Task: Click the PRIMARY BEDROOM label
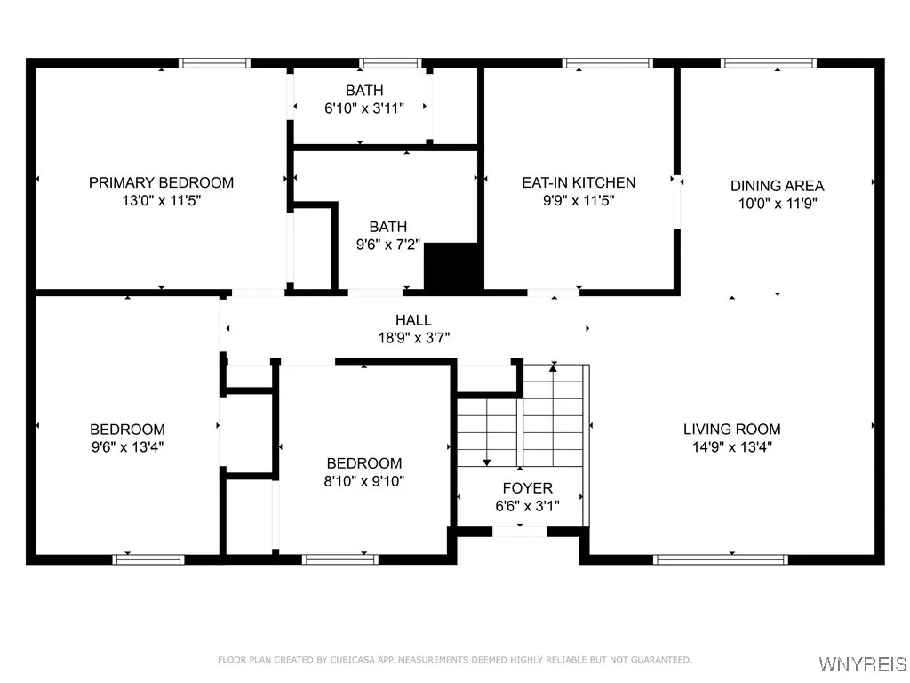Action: [x=162, y=182]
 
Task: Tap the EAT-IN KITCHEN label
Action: [x=579, y=182]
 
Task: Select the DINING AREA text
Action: [x=777, y=186]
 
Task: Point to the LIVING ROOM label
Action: [x=732, y=430]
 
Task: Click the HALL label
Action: [x=413, y=320]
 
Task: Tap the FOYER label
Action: [x=528, y=488]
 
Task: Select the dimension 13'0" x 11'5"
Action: [x=162, y=200]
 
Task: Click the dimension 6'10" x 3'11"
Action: [x=364, y=108]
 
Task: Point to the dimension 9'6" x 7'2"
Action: [x=388, y=245]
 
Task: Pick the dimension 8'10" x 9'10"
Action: [x=363, y=481]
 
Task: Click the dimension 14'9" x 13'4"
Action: [x=732, y=446]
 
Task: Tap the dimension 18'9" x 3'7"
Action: [x=414, y=337]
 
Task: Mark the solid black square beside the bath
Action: [x=453, y=266]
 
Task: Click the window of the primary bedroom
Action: [x=214, y=63]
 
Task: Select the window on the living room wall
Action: [x=720, y=560]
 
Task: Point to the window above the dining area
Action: [x=769, y=63]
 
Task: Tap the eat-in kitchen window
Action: [x=607, y=63]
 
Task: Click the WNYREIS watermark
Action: [x=862, y=663]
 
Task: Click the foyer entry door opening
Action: [x=519, y=531]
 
